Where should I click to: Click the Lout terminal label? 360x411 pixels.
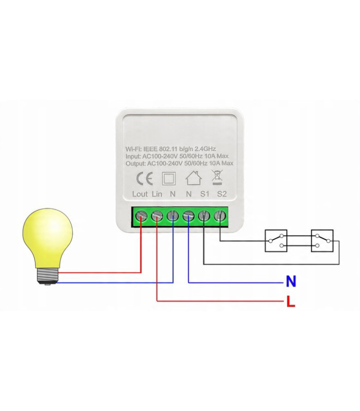[140, 194]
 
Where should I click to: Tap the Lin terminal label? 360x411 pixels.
[157, 194]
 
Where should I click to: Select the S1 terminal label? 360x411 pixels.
[205, 194]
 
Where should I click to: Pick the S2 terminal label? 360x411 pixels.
[222, 194]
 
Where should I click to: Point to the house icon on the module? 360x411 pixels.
[193, 177]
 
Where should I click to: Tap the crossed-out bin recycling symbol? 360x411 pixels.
[217, 177]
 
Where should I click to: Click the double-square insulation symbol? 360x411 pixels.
[168, 178]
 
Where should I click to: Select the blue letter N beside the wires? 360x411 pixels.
[291, 282]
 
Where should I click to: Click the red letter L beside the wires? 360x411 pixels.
[291, 302]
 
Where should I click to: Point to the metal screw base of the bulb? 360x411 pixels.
[48, 276]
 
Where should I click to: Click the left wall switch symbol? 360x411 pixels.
[277, 240]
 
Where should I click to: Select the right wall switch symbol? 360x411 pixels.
[322, 240]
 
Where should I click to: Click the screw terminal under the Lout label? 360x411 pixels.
[140, 216]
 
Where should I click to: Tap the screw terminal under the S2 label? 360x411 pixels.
[221, 216]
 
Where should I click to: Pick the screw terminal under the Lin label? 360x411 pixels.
[156, 216]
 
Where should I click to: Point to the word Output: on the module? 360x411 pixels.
[136, 163]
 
